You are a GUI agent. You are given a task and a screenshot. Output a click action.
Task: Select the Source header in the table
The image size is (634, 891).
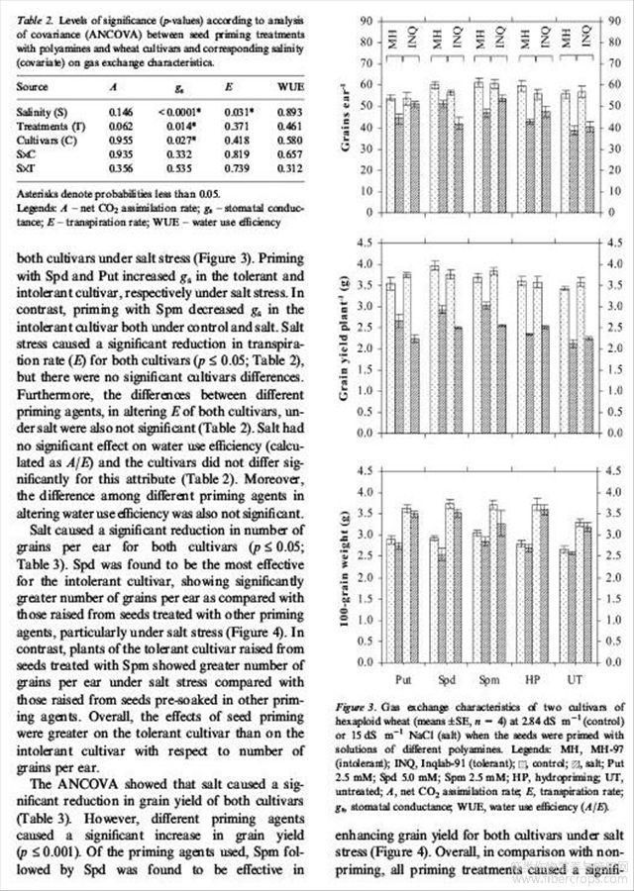[32, 87]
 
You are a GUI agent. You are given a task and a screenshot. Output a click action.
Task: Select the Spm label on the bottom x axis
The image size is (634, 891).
[488, 681]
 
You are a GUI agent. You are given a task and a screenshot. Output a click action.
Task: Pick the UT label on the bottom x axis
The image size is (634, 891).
[576, 681]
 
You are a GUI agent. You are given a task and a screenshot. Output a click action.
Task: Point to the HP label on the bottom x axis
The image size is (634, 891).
[532, 681]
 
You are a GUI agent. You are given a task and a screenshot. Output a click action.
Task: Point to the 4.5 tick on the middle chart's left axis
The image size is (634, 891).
[366, 243]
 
